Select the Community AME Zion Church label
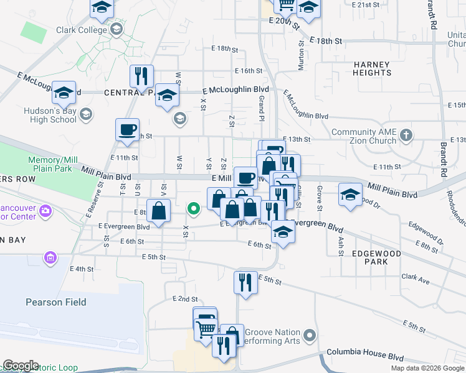coord(364,136)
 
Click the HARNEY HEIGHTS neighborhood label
coord(372,68)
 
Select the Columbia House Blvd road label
coord(366,353)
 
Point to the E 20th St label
coord(284,22)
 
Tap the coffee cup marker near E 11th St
coord(127,131)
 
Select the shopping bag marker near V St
coord(159,210)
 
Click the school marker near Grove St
coord(350,195)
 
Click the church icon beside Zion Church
coord(406,134)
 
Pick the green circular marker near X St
coord(194,209)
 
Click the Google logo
coord(21,366)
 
